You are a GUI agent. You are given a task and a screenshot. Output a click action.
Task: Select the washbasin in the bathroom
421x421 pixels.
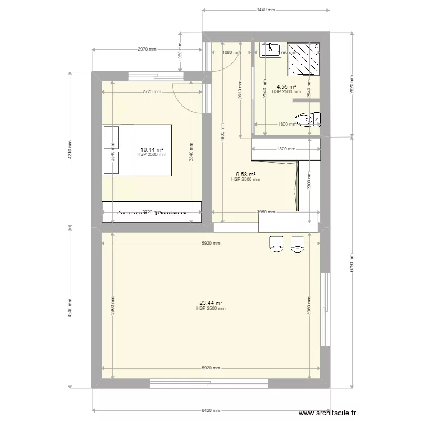[272, 49]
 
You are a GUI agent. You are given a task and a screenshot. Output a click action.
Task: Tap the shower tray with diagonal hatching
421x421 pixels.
[304, 58]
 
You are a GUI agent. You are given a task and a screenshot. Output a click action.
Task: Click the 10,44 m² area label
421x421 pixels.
[152, 150]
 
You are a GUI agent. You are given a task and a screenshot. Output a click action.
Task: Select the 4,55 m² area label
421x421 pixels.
[286, 87]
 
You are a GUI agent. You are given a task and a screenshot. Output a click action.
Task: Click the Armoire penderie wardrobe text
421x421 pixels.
[152, 212]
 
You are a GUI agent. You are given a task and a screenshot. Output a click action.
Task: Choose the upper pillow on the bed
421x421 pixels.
[111, 138]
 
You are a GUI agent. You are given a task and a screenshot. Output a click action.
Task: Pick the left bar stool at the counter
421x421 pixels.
[276, 244]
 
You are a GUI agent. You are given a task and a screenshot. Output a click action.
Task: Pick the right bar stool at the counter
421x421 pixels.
[297, 244]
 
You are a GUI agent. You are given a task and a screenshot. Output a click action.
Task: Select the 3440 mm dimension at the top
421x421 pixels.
[266, 10]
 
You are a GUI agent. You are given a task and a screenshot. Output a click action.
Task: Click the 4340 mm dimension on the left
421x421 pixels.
[70, 308]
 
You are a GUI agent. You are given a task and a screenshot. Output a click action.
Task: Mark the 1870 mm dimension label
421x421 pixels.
[286, 149]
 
